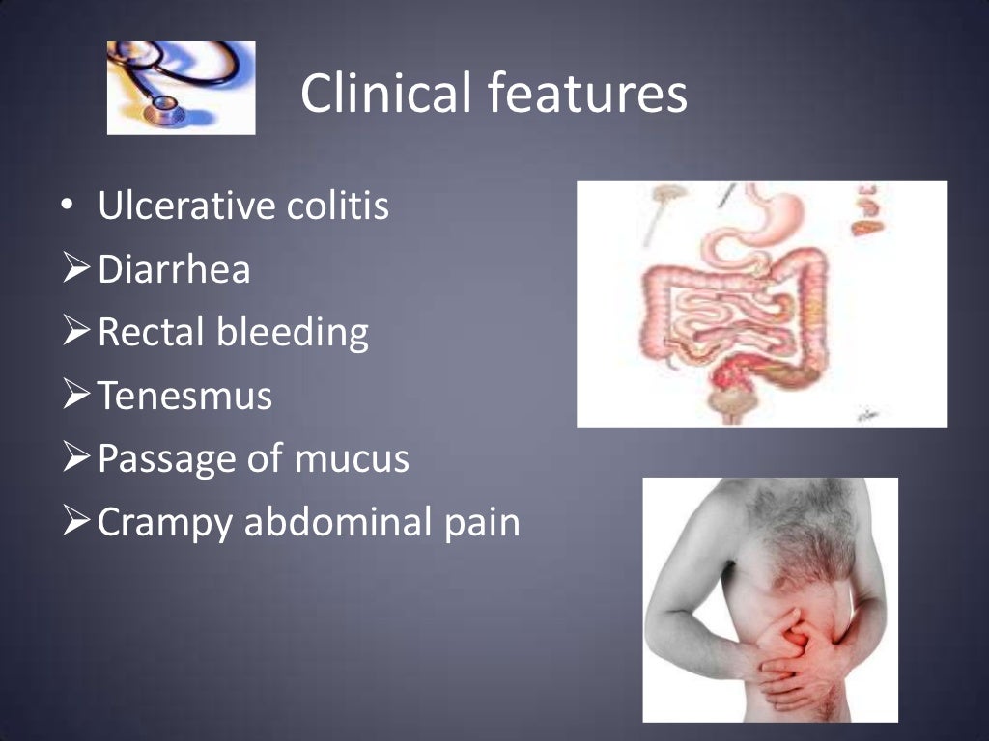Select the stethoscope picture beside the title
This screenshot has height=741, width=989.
tap(181, 87)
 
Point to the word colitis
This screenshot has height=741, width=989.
tap(344, 206)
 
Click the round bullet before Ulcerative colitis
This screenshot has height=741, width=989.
tap(65, 207)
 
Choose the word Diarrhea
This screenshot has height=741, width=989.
tap(174, 269)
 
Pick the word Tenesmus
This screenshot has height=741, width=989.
tap(184, 396)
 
